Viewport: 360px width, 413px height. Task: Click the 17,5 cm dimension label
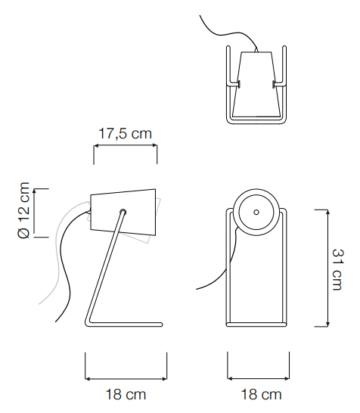126,133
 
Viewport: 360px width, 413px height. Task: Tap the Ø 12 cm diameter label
23,210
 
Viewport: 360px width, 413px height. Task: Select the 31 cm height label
337,269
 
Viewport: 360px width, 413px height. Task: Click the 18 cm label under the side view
126,395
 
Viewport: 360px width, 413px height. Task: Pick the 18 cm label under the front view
261,395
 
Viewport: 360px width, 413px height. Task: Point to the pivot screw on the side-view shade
123,212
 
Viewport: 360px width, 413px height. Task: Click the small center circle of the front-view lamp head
256,212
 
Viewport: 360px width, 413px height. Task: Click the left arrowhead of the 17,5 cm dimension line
96,145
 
